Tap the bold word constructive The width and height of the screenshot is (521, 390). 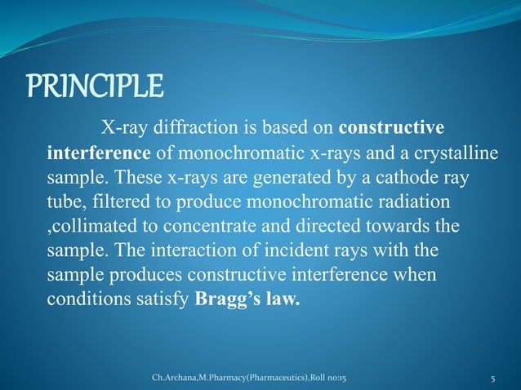(x=391, y=129)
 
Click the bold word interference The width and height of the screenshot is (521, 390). (x=99, y=153)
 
